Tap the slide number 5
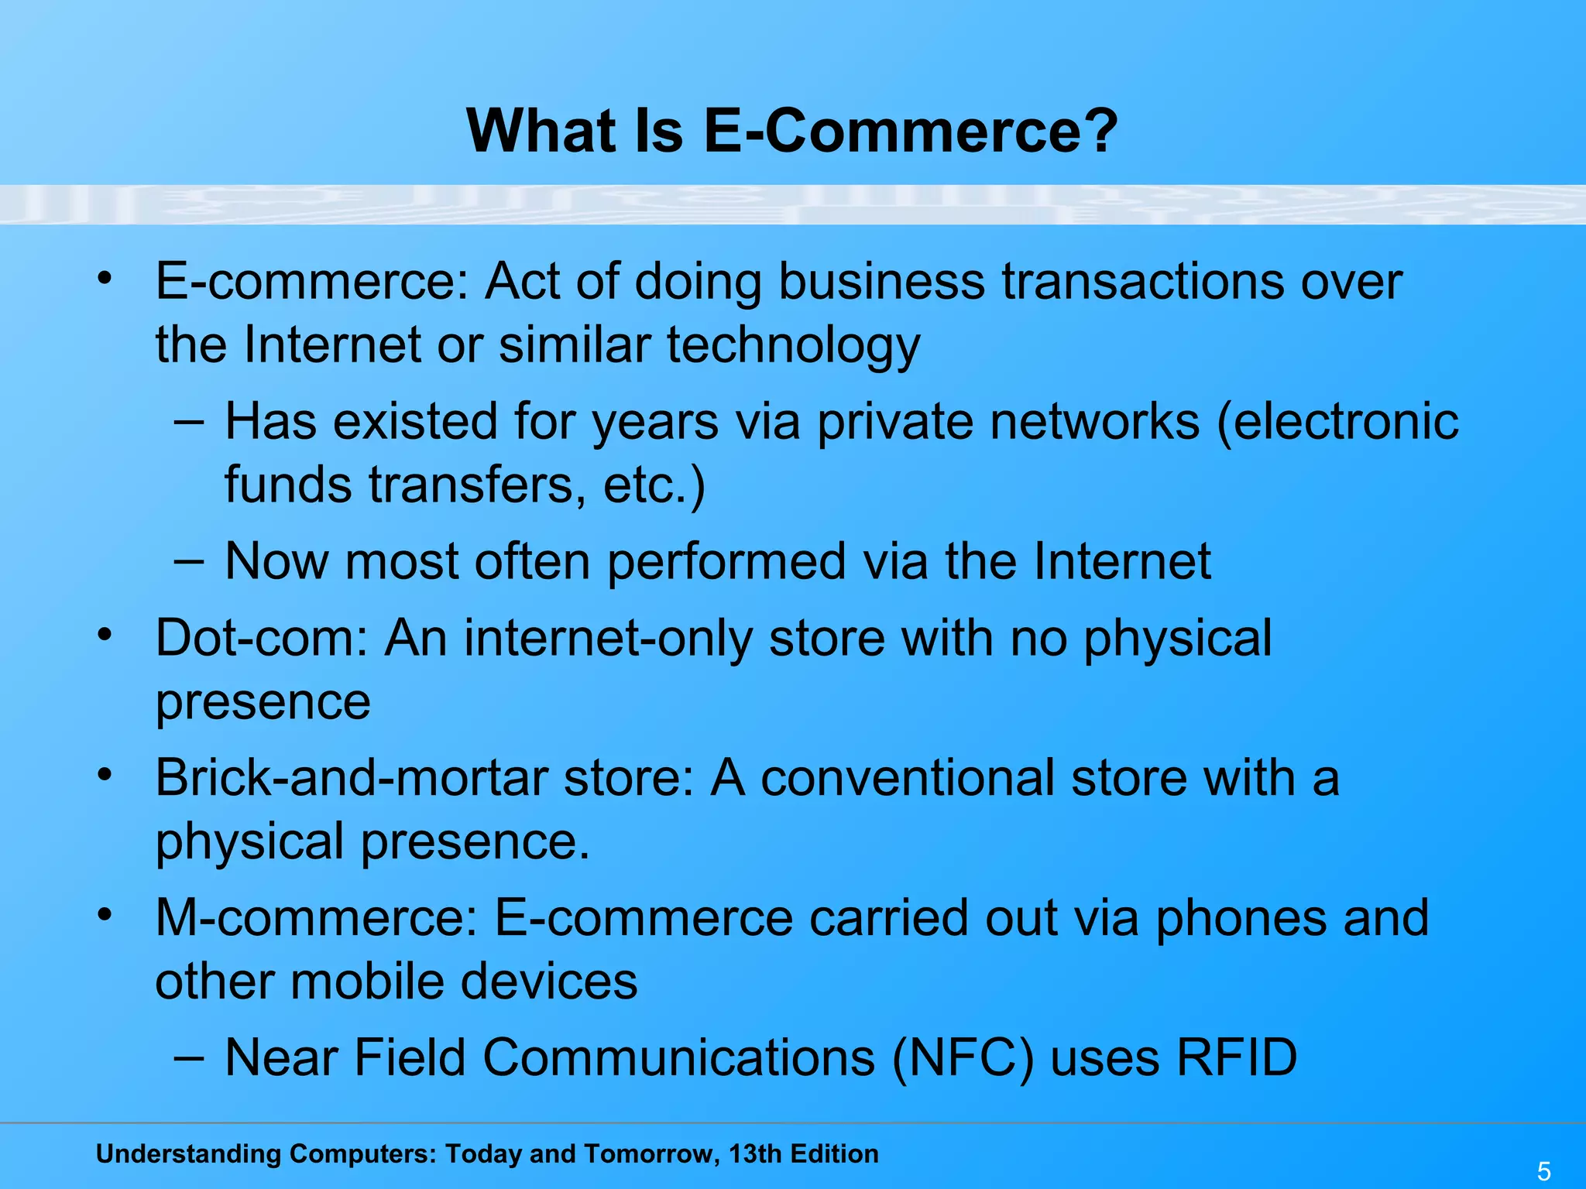(1543, 1171)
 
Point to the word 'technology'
(793, 345)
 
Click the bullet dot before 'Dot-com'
(105, 635)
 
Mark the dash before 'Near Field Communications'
(189, 1057)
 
